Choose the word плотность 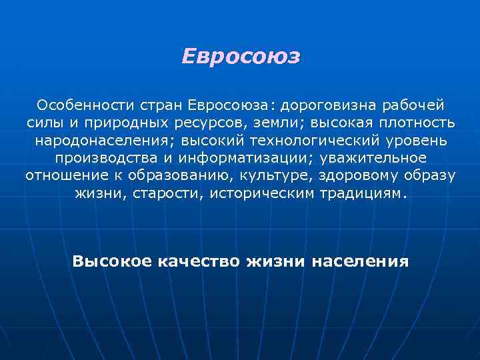413,123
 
